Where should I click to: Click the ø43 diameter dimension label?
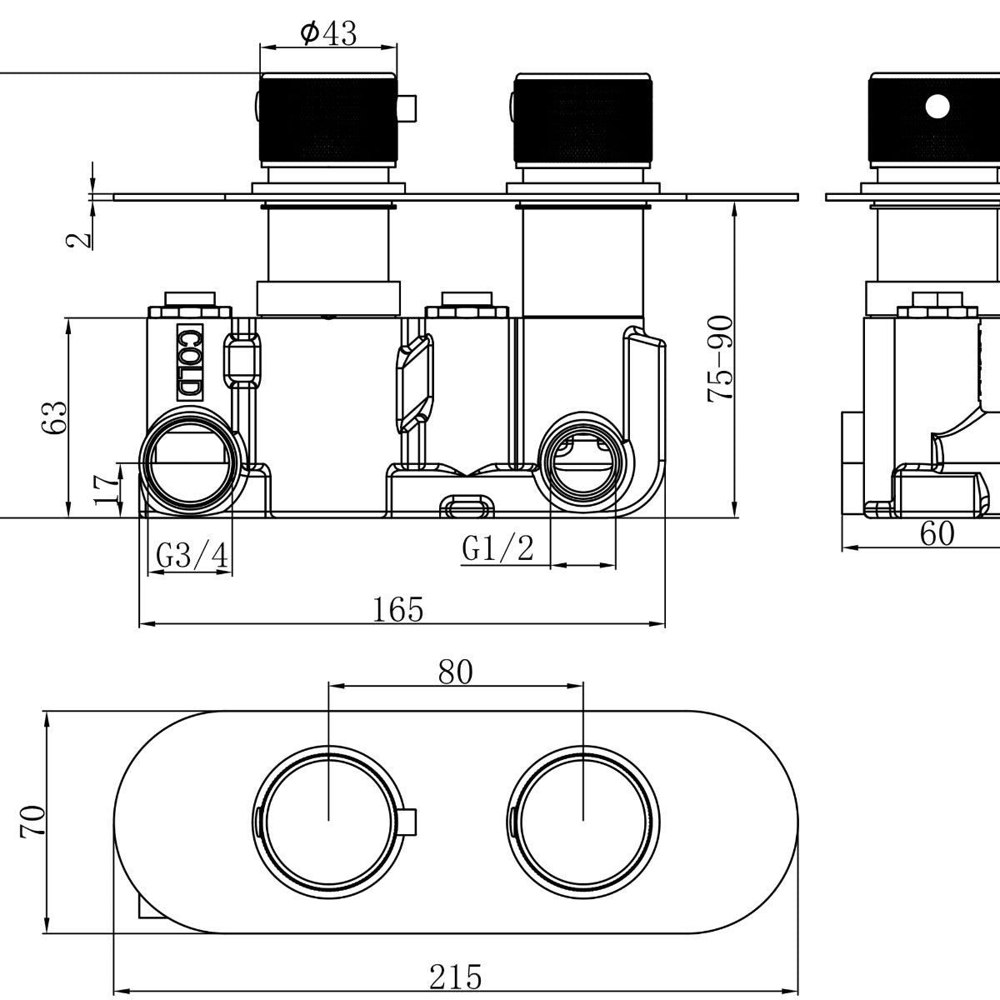(328, 33)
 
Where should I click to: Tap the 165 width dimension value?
(398, 608)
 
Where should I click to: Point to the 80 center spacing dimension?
(455, 672)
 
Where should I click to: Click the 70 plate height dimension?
(32, 821)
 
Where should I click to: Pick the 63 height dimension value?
(54, 417)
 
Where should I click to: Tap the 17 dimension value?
(107, 489)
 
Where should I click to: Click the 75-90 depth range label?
(720, 358)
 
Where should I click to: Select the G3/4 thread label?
(192, 555)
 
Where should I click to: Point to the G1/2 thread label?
(497, 548)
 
